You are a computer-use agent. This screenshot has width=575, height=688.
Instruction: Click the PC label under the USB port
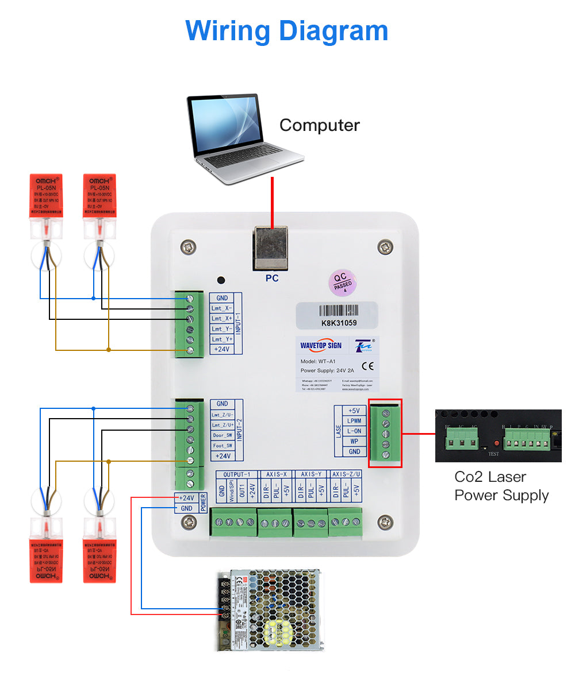[272, 279]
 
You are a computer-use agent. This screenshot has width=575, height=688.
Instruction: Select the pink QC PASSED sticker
[344, 283]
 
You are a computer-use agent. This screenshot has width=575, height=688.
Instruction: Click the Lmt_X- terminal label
[222, 308]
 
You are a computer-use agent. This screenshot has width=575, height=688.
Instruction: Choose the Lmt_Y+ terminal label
[222, 339]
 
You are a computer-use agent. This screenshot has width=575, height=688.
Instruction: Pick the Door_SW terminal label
[223, 435]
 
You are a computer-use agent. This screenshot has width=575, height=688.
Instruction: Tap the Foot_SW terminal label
[223, 446]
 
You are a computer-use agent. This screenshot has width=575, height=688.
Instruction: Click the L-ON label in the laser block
[354, 431]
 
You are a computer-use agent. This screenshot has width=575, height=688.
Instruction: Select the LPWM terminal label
[354, 421]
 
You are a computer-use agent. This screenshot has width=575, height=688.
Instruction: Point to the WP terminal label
[354, 442]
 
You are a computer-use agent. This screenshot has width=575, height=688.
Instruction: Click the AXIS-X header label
[276, 474]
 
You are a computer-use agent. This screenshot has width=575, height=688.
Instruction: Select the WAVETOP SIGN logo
[321, 345]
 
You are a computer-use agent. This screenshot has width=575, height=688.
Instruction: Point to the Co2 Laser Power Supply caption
[501, 486]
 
